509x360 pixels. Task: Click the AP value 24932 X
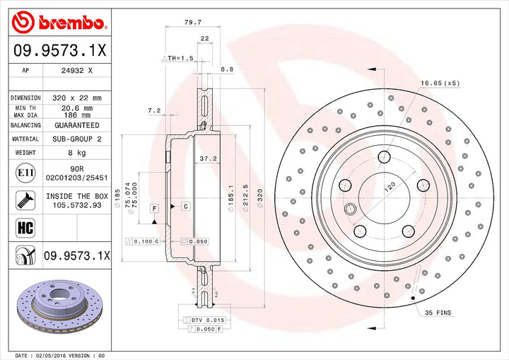pyautogui.click(x=78, y=71)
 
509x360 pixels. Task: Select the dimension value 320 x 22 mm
pyautogui.click(x=78, y=98)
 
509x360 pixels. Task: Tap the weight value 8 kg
pyautogui.click(x=78, y=152)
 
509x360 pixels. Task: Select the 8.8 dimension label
pyautogui.click(x=227, y=69)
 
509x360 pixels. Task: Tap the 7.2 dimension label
pyautogui.click(x=154, y=110)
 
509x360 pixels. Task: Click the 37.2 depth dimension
pyautogui.click(x=208, y=158)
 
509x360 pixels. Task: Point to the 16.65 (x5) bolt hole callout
pyautogui.click(x=440, y=83)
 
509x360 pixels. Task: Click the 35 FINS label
pyautogui.click(x=438, y=312)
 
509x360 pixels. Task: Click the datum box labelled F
pyautogui.click(x=153, y=207)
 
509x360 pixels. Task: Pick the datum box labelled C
pyautogui.click(x=185, y=207)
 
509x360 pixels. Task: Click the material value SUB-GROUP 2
pyautogui.click(x=78, y=139)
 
